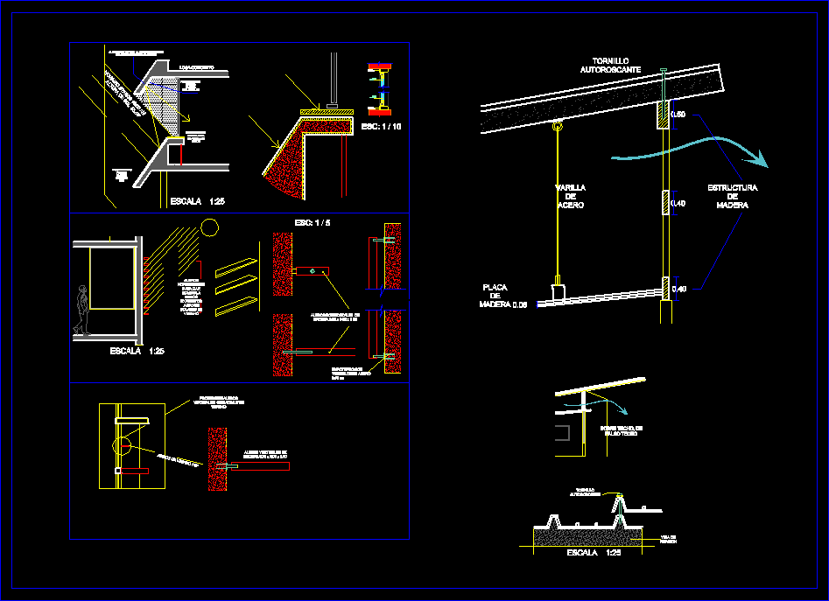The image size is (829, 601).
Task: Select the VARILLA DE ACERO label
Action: (570, 196)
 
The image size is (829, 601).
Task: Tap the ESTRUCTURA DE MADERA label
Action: (732, 196)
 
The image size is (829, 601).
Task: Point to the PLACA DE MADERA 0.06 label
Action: (502, 296)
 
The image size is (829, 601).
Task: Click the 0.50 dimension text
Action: (678, 115)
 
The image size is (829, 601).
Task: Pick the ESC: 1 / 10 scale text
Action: (382, 127)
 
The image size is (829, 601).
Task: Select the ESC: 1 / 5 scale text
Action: (312, 223)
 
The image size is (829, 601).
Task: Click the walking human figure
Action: (82, 310)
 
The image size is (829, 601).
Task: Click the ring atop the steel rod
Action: (557, 128)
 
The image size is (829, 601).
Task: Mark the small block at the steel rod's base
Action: (557, 290)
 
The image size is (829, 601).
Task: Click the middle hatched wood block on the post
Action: (664, 202)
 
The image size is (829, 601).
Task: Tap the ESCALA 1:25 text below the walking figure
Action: (137, 351)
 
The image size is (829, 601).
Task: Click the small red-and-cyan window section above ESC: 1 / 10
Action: (378, 88)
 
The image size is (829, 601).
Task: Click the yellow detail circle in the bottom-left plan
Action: (123, 447)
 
